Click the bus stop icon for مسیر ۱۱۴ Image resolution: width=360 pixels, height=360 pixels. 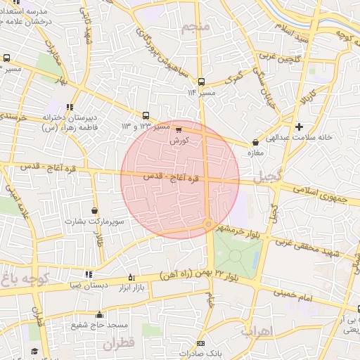(202, 82)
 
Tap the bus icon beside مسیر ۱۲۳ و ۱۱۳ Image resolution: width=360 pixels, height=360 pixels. (146, 115)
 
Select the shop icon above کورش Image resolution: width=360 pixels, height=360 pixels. (179, 130)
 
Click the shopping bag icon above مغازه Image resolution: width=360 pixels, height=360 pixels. (255, 142)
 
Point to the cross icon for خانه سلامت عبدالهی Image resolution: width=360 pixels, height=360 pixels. (300, 127)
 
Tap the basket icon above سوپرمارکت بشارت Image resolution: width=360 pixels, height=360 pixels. (95, 210)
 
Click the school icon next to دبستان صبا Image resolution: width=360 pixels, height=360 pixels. (89, 274)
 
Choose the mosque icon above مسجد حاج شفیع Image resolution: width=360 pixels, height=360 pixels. (99, 314)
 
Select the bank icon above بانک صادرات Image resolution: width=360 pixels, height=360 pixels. (201, 343)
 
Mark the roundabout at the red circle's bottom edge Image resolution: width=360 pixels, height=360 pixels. (208, 224)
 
